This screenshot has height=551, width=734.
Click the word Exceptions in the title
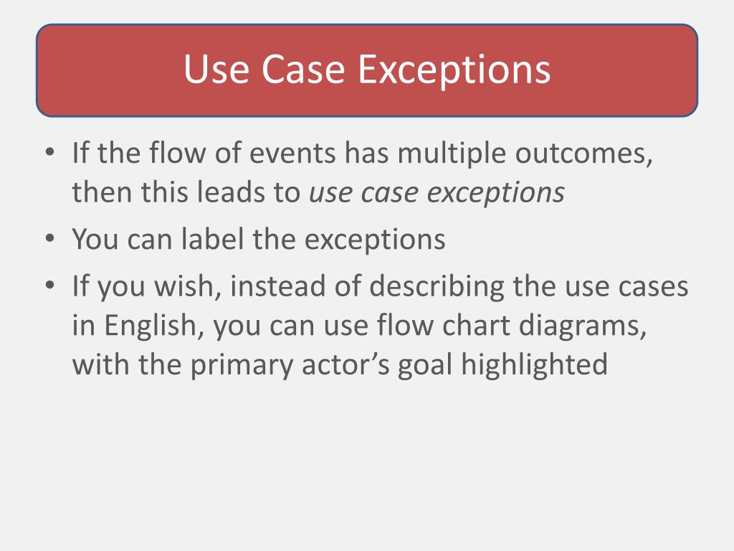(x=454, y=70)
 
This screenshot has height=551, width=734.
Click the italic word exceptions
(x=501, y=193)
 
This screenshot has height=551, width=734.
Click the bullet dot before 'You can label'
(x=49, y=240)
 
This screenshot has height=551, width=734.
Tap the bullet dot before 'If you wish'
(x=49, y=287)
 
